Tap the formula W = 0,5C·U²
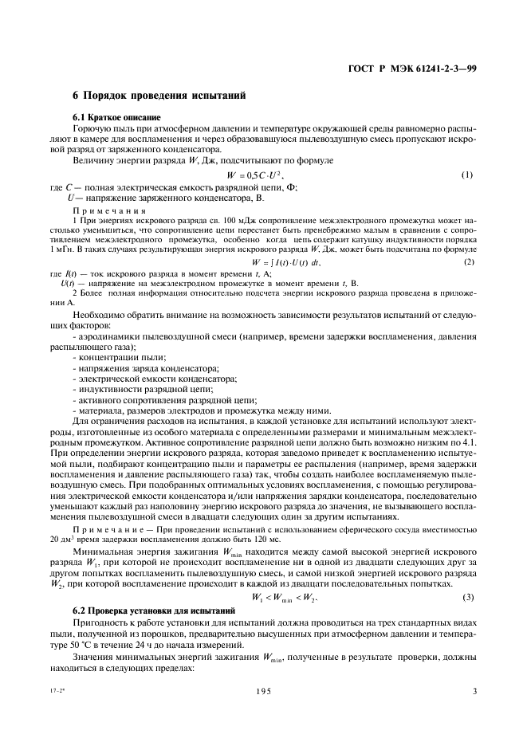255,175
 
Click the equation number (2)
468,261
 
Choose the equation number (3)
468,575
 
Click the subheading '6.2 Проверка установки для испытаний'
149,587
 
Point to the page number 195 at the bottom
262,691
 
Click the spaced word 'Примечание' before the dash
107,506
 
